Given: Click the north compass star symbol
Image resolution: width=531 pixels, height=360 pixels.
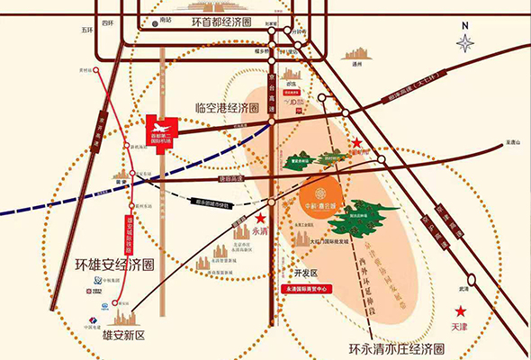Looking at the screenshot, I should pyautogui.click(x=466, y=42).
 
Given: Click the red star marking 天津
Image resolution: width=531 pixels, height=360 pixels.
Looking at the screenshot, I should pyautogui.click(x=460, y=313).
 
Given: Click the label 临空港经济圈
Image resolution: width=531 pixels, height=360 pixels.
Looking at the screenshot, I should pyautogui.click(x=228, y=107).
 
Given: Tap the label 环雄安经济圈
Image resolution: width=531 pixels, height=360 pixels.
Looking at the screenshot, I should pyautogui.click(x=115, y=265).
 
